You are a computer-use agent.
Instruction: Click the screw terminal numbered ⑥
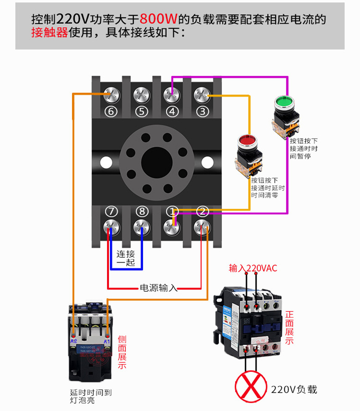click(111, 94)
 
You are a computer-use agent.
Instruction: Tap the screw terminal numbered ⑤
click(141, 94)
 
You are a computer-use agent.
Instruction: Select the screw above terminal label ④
click(171, 94)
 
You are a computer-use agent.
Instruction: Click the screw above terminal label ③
click(202, 94)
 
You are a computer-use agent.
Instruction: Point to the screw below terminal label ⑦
click(111, 226)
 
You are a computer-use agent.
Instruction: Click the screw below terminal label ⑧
click(142, 226)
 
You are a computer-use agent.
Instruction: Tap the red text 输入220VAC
click(253, 268)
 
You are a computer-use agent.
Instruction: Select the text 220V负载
click(293, 389)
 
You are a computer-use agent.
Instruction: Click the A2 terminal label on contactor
click(73, 340)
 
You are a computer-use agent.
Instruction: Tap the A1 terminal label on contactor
click(108, 340)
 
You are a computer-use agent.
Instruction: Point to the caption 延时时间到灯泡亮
click(91, 396)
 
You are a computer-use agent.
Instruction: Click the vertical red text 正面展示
click(290, 328)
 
